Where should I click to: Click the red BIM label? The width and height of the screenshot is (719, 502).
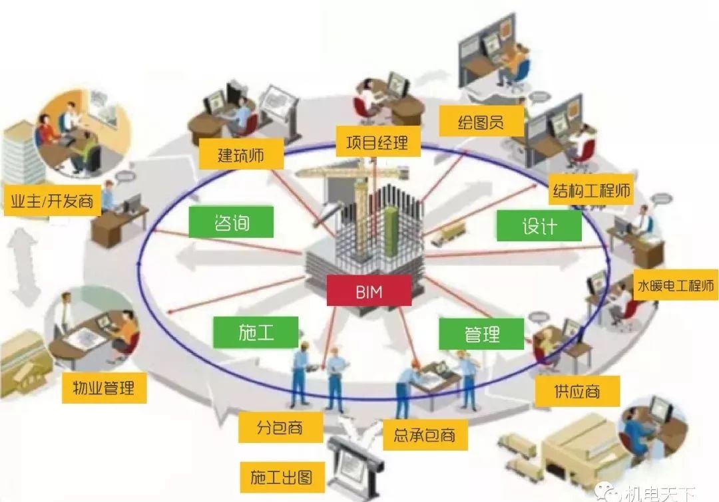pos(369,291)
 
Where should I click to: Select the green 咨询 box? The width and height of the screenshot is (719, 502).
pos(231,222)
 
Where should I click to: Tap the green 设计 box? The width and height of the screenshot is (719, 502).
pos(539,226)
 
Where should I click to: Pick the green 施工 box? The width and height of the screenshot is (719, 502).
pos(256,332)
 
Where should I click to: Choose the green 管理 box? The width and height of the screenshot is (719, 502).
pos(481,334)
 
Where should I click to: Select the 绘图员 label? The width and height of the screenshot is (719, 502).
pos(481,122)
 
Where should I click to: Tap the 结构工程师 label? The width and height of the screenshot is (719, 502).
pos(591,189)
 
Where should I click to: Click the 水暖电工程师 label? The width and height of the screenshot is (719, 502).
pos(676,285)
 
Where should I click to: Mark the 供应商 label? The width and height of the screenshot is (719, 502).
pos(577,391)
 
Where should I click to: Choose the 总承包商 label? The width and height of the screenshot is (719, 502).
pos(425,434)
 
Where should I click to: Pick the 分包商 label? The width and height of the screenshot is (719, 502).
pos(280,428)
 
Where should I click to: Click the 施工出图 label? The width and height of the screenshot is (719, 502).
pos(282,477)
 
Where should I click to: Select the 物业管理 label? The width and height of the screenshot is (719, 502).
pos(104,388)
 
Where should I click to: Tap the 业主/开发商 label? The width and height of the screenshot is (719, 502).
pos(52,200)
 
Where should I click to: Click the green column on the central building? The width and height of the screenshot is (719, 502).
pos(391,231)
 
